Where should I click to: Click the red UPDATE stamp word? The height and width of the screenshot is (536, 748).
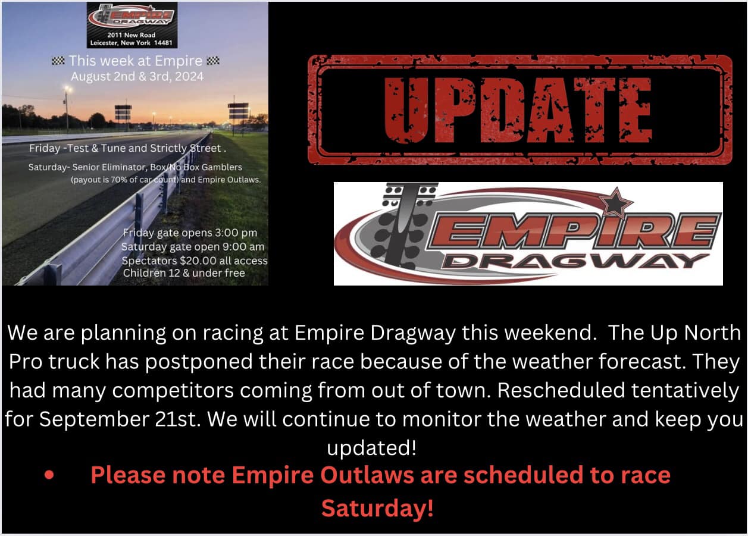[x=519, y=110]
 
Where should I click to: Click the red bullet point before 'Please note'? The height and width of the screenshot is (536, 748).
[x=49, y=476]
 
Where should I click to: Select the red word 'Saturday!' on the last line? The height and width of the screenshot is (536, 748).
[x=377, y=509]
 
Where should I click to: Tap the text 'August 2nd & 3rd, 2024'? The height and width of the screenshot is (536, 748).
[x=137, y=76]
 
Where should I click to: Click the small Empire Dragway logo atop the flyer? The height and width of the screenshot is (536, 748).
[x=132, y=16]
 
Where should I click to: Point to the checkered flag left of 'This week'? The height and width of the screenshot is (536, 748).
[x=58, y=60]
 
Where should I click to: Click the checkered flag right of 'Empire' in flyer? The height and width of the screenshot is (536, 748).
[x=212, y=60]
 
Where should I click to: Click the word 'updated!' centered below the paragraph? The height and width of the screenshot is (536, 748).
[x=372, y=447]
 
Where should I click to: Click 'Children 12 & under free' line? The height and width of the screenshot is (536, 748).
[x=184, y=273]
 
